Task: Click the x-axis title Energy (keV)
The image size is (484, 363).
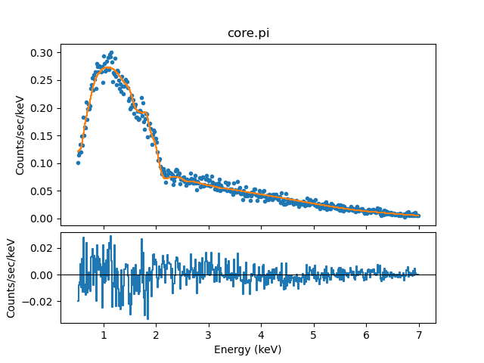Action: coord(247,349)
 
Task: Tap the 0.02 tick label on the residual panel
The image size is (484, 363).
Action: coord(44,248)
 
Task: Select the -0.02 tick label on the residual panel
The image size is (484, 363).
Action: coord(41,302)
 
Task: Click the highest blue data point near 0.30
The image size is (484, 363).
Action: coord(111,53)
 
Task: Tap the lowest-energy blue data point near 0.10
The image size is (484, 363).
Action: coord(77,163)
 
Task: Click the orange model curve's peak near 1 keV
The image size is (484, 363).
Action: coord(108,68)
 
